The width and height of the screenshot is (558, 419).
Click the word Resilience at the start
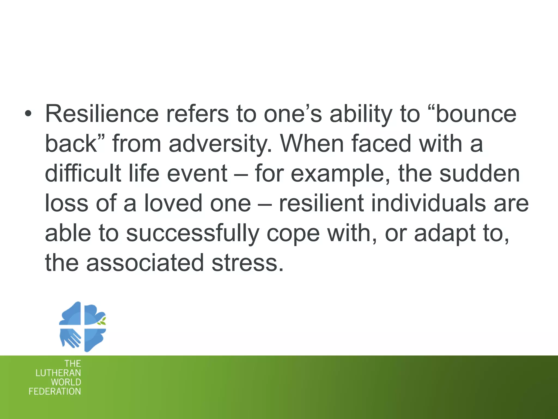[102, 114]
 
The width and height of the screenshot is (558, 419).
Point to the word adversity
[220, 144]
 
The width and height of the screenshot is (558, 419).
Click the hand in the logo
[70, 338]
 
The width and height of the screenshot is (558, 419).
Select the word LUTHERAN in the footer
[58, 373]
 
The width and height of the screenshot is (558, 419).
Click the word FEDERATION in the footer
[55, 391]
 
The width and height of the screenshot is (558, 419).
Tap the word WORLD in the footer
[66, 382]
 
